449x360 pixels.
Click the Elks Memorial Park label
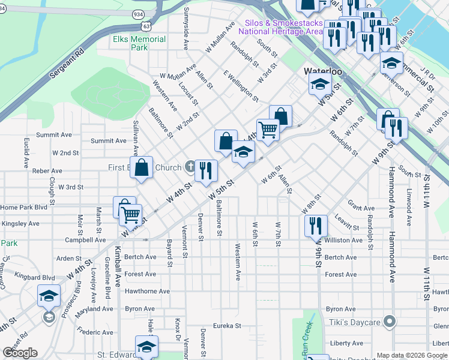click(x=139, y=43)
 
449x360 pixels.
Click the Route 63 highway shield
click(x=146, y=26)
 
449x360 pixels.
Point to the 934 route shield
click(x=139, y=14)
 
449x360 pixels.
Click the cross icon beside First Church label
click(x=190, y=167)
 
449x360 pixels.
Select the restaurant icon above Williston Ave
click(x=316, y=226)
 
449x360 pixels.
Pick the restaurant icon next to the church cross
click(x=206, y=170)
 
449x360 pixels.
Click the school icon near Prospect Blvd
click(x=49, y=296)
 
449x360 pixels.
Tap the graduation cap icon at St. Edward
click(x=146, y=347)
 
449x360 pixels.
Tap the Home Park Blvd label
click(x=23, y=208)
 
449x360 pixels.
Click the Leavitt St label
click(x=347, y=223)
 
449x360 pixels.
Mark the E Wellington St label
click(x=241, y=86)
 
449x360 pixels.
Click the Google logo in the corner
click(x=20, y=353)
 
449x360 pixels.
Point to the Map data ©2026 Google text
click(x=412, y=355)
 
